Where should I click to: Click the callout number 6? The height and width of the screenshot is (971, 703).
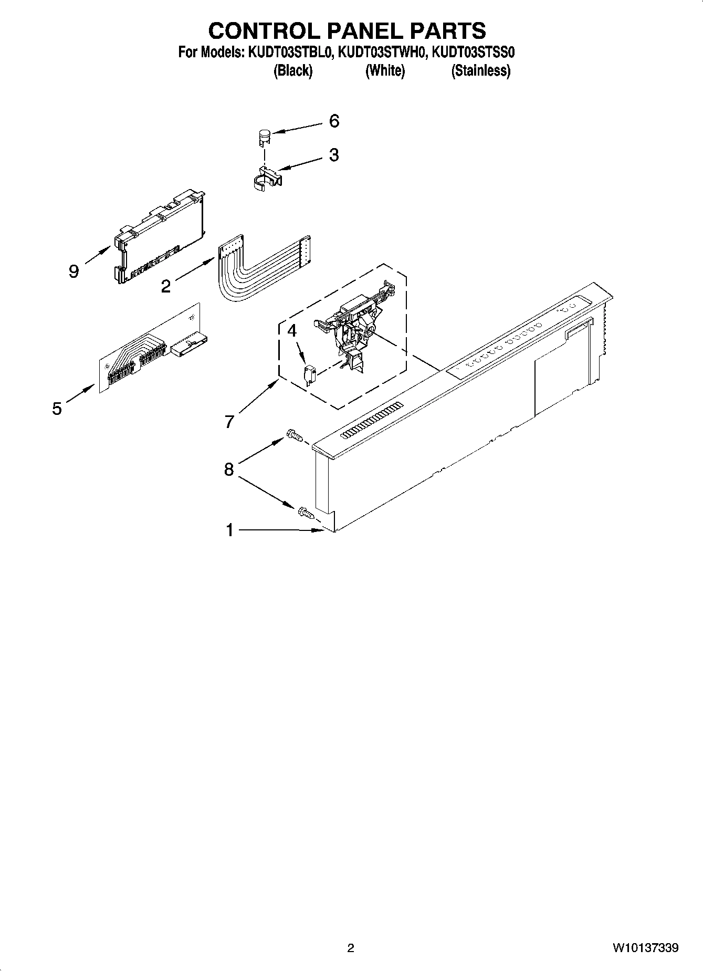[x=334, y=121]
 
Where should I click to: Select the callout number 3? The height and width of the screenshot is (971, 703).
[x=334, y=155]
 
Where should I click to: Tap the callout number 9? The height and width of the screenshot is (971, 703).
[x=74, y=272]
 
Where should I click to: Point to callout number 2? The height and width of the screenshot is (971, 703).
[x=165, y=287]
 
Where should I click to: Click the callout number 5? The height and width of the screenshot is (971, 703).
[x=57, y=409]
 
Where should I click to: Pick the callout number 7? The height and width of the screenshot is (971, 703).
[x=229, y=422]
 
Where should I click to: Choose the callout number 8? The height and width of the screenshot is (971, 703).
[x=228, y=469]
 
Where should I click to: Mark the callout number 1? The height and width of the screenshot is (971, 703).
[x=229, y=530]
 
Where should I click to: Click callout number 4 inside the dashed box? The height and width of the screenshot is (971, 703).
[x=292, y=331]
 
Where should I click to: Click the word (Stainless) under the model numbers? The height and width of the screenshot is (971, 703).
[x=480, y=70]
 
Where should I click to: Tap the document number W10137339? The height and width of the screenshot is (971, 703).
[x=645, y=948]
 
